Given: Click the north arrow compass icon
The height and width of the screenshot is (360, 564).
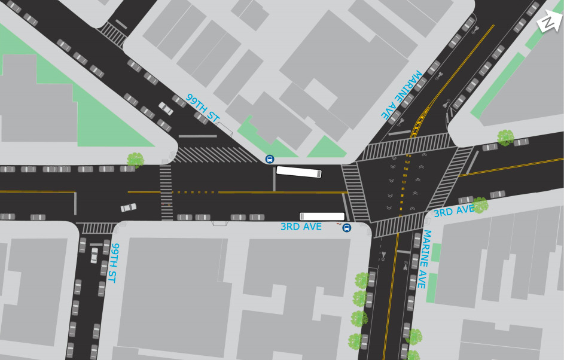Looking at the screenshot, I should [x=548, y=22].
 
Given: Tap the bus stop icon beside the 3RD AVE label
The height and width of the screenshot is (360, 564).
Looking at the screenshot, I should [x=346, y=228].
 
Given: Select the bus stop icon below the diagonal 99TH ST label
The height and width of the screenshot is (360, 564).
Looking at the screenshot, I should [x=270, y=159].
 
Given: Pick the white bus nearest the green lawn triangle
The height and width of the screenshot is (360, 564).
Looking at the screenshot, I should [x=298, y=172].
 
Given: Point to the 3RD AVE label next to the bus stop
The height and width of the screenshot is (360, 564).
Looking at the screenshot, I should [x=301, y=227].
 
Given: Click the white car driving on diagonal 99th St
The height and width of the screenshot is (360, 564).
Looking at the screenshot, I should [x=166, y=108].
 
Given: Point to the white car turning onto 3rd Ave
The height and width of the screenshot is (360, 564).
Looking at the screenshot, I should [x=129, y=208].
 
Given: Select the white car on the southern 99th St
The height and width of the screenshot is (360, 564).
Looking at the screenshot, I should [x=94, y=255].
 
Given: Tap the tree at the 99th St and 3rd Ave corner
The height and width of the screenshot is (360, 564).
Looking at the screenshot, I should [x=135, y=160].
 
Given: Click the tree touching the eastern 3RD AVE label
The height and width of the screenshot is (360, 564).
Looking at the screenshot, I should [x=480, y=205].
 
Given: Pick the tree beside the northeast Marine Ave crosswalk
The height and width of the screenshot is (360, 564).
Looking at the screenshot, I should [x=505, y=138].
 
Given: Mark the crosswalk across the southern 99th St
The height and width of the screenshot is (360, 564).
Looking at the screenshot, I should [x=97, y=228].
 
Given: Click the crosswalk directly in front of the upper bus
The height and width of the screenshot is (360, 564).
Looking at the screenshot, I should [x=355, y=192].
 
